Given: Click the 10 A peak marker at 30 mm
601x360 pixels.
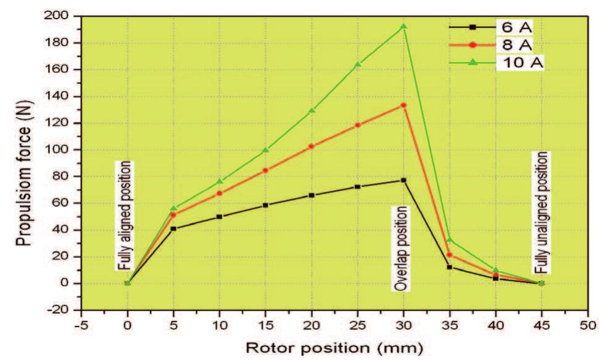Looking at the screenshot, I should point(403,27).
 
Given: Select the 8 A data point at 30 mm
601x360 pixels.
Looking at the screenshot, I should point(403,105).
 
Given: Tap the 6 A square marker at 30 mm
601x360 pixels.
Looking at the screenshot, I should point(403,180).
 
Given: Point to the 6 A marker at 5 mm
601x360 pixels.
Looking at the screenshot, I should point(173,229).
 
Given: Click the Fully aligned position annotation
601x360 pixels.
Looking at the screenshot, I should point(125,216).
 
